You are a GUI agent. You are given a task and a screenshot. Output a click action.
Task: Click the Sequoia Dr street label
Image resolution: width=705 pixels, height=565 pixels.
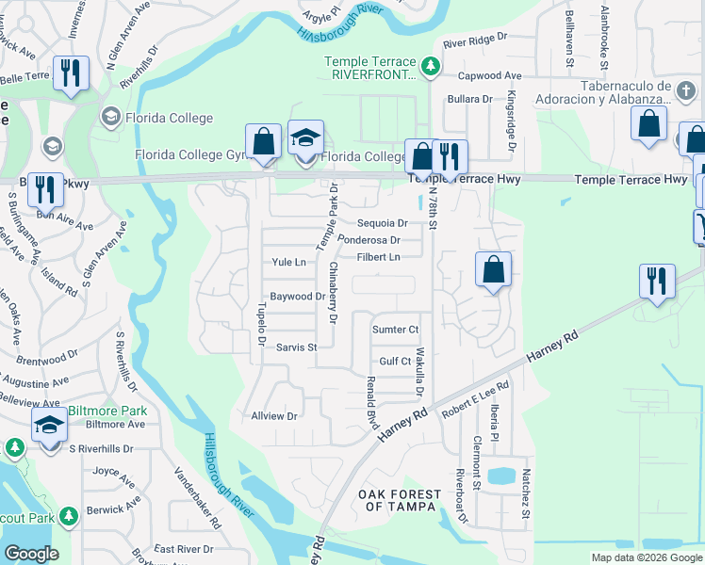[x=382, y=223]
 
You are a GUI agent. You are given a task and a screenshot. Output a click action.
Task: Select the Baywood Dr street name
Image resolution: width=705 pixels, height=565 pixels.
[x=298, y=296]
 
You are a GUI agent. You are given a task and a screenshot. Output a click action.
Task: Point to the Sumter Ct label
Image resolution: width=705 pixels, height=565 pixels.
[x=395, y=330]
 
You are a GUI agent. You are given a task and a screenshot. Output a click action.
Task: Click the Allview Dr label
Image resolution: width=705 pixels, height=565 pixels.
[x=274, y=415]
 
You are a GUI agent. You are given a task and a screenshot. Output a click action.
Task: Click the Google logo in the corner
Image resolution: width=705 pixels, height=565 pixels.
[x=30, y=554]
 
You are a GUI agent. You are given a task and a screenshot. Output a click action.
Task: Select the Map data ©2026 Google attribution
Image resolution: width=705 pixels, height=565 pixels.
[x=647, y=557]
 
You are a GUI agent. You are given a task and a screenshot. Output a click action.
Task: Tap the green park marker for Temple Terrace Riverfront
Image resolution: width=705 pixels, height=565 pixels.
[x=431, y=65]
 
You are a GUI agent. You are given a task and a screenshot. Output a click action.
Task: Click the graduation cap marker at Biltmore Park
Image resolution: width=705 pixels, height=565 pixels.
[x=49, y=425]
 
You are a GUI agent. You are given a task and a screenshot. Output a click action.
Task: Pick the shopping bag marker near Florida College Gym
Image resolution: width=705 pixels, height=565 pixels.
[x=264, y=141]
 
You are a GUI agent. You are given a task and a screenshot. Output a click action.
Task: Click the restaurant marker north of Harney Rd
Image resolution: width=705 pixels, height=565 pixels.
[x=657, y=281]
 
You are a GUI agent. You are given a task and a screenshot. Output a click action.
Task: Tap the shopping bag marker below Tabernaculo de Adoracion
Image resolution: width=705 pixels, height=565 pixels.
[x=649, y=123]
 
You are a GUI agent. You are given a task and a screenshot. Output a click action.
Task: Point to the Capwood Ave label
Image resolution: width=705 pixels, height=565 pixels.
[x=489, y=75]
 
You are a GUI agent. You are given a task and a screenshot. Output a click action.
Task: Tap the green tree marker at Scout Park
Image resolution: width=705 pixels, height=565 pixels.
[x=68, y=516]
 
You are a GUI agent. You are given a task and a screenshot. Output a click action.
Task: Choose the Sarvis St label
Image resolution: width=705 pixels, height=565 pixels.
[x=296, y=347]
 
